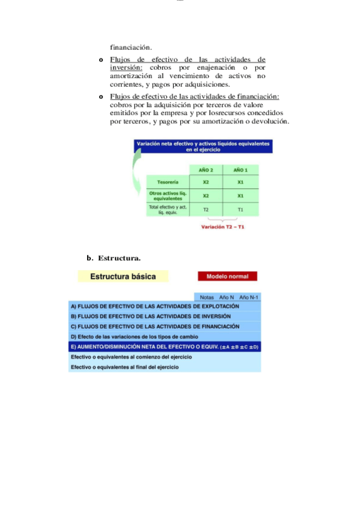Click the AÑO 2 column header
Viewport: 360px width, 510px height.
206,170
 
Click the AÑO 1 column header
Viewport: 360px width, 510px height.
240,170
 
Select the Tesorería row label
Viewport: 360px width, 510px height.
168,182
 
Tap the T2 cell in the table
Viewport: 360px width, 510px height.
206,209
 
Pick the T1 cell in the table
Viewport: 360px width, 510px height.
240,209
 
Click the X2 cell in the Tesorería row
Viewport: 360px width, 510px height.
206,182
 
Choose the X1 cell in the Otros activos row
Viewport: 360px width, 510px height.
240,195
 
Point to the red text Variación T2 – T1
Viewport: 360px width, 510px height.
222,227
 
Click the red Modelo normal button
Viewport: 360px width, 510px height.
227,277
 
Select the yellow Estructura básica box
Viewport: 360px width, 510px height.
123,277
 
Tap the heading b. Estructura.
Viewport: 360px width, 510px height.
114,258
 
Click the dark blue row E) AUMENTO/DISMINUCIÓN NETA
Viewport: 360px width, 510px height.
165,347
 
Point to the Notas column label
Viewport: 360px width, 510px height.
207,297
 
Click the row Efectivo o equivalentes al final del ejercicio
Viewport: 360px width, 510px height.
125,366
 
